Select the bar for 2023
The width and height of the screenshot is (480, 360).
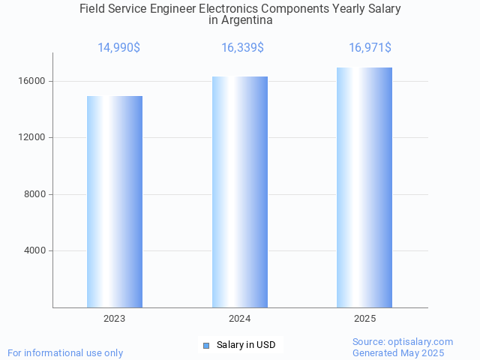[115, 202]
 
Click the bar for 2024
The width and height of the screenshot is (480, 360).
[240, 192]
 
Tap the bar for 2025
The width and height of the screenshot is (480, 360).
[364, 187]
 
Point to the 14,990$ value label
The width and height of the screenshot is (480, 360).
[118, 48]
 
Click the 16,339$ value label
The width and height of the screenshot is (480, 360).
[242, 48]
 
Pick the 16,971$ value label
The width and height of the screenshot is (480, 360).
[370, 48]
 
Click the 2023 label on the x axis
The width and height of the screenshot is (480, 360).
[115, 319]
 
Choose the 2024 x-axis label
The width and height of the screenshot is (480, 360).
[240, 319]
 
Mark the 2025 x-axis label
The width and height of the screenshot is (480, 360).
[365, 319]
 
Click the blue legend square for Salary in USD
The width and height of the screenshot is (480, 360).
[206, 346]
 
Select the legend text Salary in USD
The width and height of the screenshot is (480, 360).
[246, 345]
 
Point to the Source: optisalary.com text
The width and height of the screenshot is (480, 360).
[403, 342]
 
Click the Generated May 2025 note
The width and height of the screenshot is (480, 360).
[398, 352]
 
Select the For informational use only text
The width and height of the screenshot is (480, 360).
[65, 352]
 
